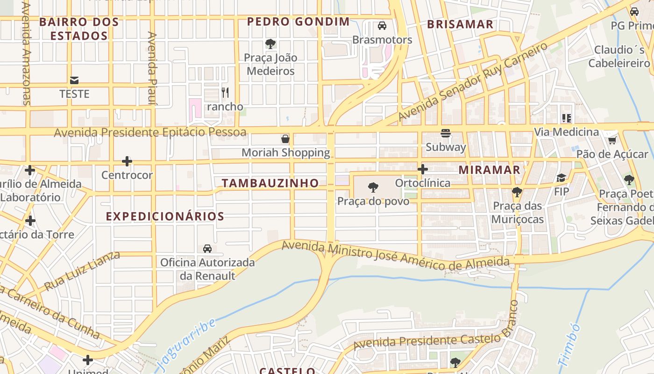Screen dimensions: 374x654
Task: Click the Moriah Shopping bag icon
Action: pyautogui.click(x=285, y=139)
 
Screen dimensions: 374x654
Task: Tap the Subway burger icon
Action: pyautogui.click(x=446, y=133)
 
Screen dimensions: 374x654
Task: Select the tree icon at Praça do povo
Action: pyautogui.click(x=373, y=188)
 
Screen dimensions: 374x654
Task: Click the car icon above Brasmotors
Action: pyautogui.click(x=382, y=26)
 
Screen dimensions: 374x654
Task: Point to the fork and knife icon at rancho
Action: pyautogui.click(x=225, y=93)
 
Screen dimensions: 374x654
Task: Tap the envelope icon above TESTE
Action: pyautogui.click(x=74, y=80)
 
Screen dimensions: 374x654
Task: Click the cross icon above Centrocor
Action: pyautogui.click(x=127, y=162)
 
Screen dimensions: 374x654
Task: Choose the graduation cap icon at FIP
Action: pyautogui.click(x=561, y=178)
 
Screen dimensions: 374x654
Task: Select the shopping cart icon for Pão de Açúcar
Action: pyautogui.click(x=612, y=140)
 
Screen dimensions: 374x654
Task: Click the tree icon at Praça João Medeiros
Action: pyautogui.click(x=270, y=44)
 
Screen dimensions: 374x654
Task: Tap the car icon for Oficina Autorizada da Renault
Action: pyautogui.click(x=207, y=248)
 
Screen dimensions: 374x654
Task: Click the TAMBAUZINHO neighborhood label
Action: pyautogui.click(x=270, y=183)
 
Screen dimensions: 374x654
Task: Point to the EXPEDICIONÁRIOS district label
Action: pyautogui.click(x=165, y=216)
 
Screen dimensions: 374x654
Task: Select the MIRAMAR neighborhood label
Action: pyautogui.click(x=489, y=170)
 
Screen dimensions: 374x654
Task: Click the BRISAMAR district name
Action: pyautogui.click(x=460, y=24)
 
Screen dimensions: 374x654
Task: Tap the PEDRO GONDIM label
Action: pyautogui.click(x=298, y=22)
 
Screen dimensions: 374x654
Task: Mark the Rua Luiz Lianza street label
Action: pyautogui.click(x=82, y=270)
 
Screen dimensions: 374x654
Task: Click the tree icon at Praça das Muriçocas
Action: pyautogui.click(x=517, y=192)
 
